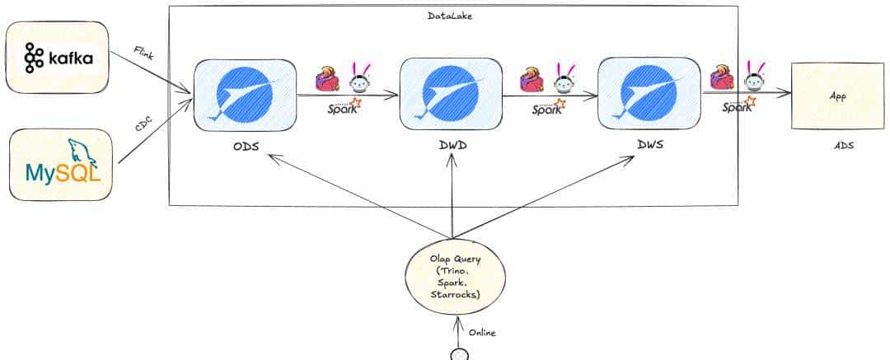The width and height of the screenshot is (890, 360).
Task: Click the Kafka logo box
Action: pos(57,58)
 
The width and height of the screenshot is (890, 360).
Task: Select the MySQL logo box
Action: pos(60,165)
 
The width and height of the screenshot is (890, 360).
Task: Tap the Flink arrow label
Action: pos(145,54)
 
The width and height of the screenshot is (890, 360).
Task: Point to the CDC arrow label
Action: pos(146,126)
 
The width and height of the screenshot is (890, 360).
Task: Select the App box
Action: pos(837,96)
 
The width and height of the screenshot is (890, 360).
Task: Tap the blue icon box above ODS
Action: pos(245,94)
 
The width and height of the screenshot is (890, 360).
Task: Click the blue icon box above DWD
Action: pos(450,94)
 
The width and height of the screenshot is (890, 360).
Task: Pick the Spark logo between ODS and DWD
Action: pos(343,107)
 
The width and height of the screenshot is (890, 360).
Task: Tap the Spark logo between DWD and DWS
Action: pos(546,107)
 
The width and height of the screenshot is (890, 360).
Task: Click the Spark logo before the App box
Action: pos(738,105)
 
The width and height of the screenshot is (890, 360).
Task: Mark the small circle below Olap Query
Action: pos(459,355)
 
